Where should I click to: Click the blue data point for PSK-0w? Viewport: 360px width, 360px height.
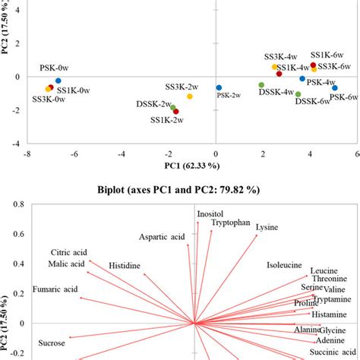(x=58, y=81)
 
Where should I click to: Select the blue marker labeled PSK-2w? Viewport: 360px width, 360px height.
(x=219, y=87)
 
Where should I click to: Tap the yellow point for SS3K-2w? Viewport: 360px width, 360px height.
(x=189, y=96)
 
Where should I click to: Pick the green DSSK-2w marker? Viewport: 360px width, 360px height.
(x=173, y=107)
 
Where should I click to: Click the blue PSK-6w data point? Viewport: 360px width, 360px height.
(x=334, y=88)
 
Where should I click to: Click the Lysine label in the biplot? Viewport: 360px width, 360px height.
(x=267, y=227)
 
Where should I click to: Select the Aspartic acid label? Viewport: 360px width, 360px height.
(x=162, y=237)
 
